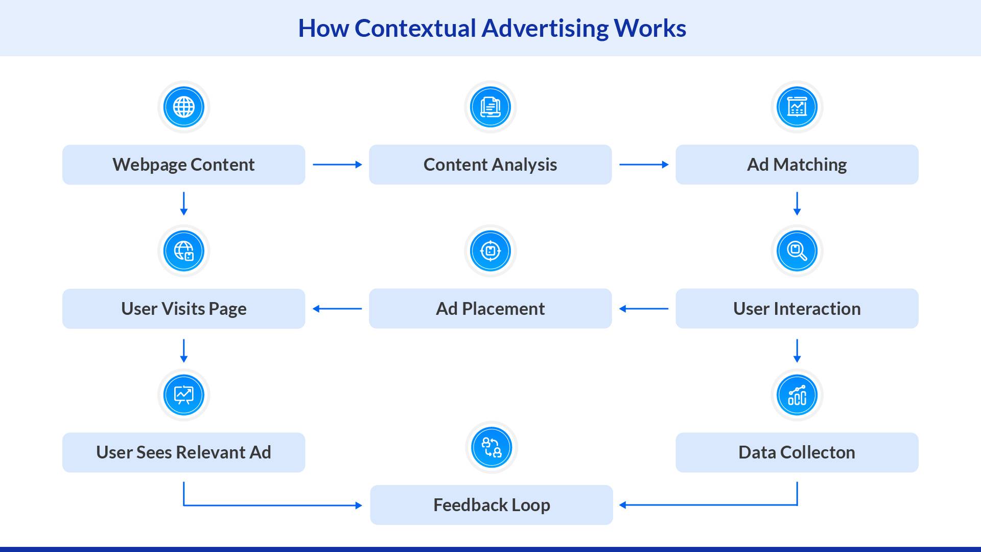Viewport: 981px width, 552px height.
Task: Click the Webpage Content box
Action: pyautogui.click(x=183, y=165)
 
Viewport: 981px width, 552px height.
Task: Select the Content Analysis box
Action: pyautogui.click(x=490, y=165)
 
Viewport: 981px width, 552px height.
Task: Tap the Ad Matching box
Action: pyautogui.click(x=797, y=165)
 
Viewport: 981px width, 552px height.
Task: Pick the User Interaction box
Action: pyautogui.click(x=797, y=309)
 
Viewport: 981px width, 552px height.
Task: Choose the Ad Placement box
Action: pyautogui.click(x=490, y=309)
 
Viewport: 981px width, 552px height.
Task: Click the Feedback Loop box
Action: pyautogui.click(x=491, y=505)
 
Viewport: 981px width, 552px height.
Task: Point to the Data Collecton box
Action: pyautogui.click(x=797, y=452)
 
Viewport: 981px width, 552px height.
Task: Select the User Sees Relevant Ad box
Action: pyautogui.click(x=183, y=452)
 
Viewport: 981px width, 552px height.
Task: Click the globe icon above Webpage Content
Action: pyautogui.click(x=184, y=107)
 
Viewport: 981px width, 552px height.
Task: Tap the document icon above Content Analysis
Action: pyautogui.click(x=491, y=107)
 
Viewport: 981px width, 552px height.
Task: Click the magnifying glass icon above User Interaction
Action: pyautogui.click(x=797, y=251)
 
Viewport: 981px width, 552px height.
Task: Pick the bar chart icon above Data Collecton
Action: pyautogui.click(x=797, y=395)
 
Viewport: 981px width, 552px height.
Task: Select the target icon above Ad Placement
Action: pyautogui.click(x=491, y=251)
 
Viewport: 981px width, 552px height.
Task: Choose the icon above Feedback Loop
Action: pyautogui.click(x=492, y=448)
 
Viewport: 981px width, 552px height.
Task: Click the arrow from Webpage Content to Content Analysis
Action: pyautogui.click(x=337, y=165)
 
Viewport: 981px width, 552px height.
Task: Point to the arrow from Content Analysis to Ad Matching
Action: pyautogui.click(x=644, y=165)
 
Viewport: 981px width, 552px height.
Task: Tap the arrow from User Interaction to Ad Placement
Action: pyautogui.click(x=644, y=309)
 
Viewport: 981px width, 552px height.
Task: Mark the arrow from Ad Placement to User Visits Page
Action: pyautogui.click(x=337, y=309)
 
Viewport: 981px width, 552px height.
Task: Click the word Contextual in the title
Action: pyautogui.click(x=415, y=28)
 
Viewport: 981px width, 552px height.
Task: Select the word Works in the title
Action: pyautogui.click(x=649, y=28)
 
